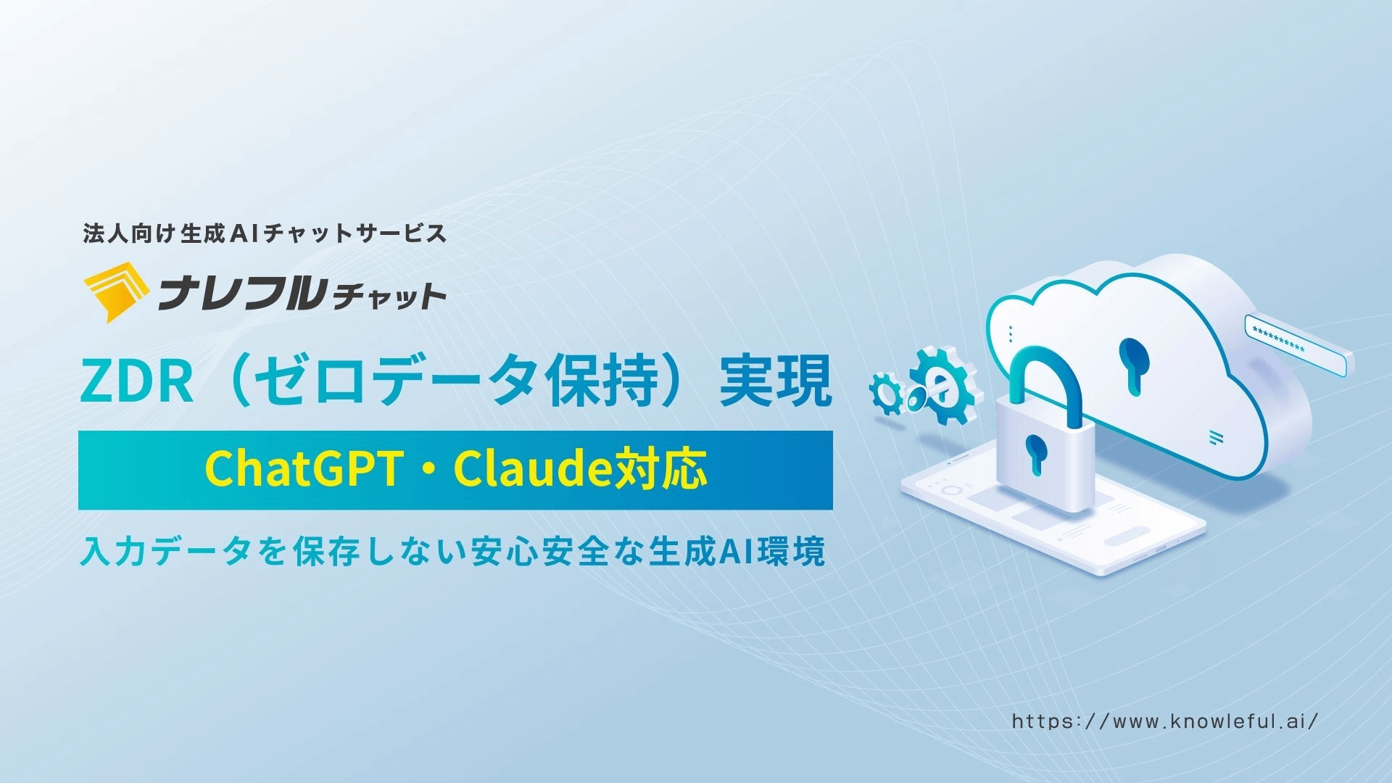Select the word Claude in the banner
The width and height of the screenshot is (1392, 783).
[x=534, y=471]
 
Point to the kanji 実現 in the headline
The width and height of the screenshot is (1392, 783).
[x=774, y=384]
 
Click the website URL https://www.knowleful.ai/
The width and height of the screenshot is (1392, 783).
[x=1164, y=721]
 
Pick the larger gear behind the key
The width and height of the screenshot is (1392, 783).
[x=942, y=384]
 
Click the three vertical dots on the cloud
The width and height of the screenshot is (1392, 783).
[x=1011, y=333]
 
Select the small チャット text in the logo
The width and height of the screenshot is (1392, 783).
[x=387, y=296]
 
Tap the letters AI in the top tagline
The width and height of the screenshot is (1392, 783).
[x=244, y=233]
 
